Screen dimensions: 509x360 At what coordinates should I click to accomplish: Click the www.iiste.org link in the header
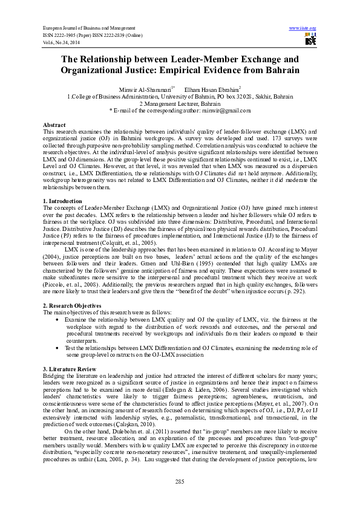[x=303, y=28]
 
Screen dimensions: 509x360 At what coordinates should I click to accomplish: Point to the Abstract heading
[x=54, y=123]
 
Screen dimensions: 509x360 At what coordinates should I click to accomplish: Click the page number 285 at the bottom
[x=180, y=481]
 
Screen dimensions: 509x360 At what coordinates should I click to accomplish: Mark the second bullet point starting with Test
[x=57, y=348]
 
